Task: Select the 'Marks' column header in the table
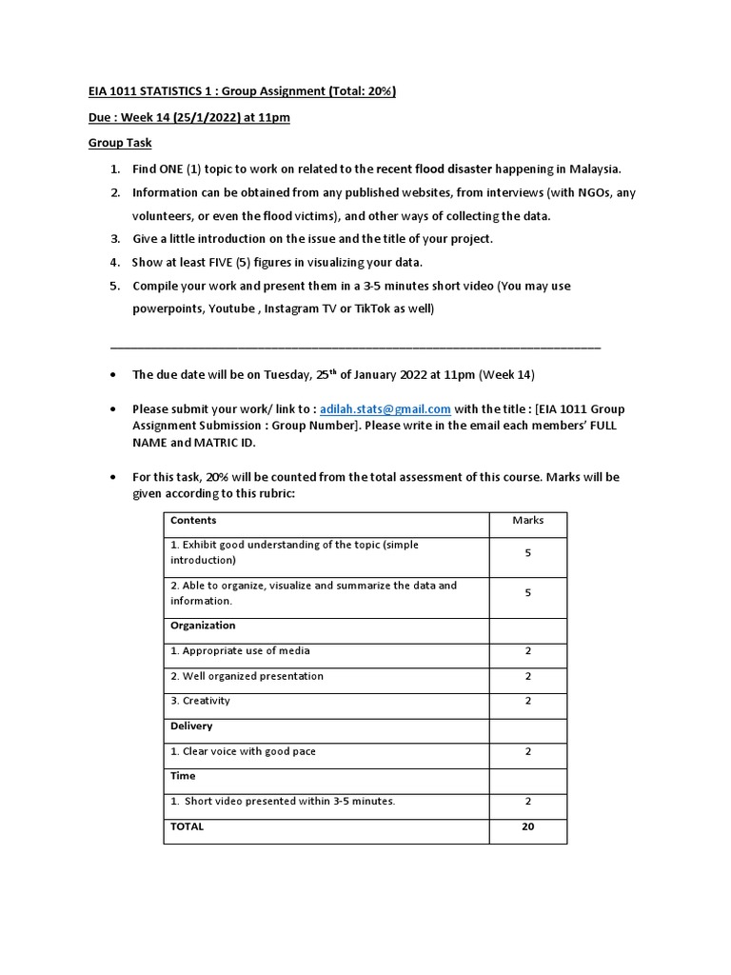coord(527,520)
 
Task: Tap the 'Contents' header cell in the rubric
coord(193,520)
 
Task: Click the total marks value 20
coord(527,826)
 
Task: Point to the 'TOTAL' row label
coord(187,826)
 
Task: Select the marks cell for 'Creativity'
coord(527,701)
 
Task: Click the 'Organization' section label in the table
coord(203,626)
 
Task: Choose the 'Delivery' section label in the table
coord(191,726)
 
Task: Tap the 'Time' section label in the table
coord(183,776)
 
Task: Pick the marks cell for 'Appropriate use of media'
coord(527,651)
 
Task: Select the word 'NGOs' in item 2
coord(589,192)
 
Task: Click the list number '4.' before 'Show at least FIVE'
coord(114,262)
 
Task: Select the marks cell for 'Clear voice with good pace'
coord(527,751)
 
